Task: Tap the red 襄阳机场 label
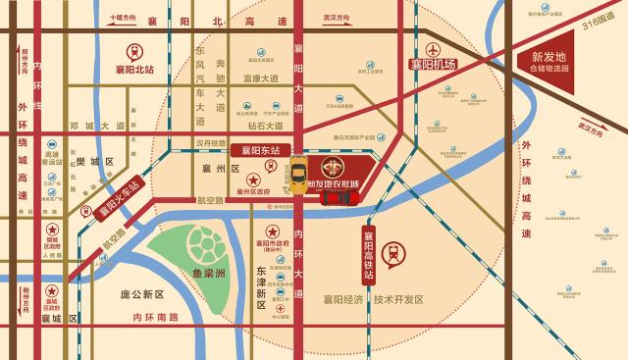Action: (433, 65)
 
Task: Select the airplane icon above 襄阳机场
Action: (433, 46)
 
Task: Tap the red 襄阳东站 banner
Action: (261, 151)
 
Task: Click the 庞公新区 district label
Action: (143, 294)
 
